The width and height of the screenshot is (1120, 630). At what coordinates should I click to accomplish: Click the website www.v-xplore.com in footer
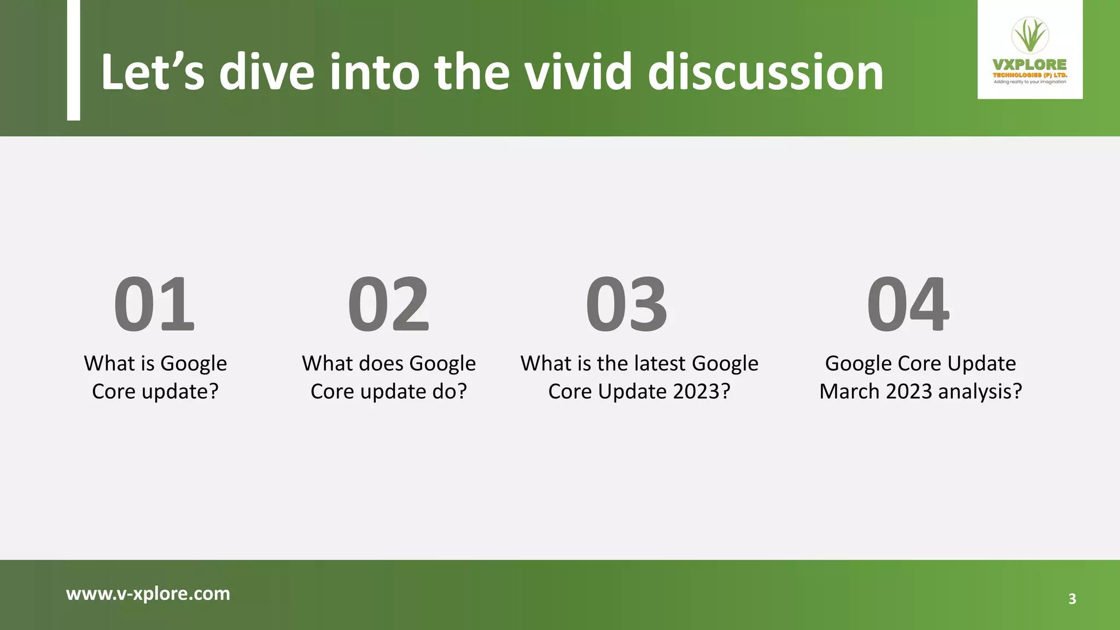coord(148,593)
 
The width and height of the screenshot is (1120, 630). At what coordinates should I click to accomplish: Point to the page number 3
coord(1072,599)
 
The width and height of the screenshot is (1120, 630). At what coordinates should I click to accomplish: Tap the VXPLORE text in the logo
coord(1030,65)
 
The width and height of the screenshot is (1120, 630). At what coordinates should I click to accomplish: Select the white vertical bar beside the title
coord(73,60)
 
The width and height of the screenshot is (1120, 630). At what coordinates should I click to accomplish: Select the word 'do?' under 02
coord(450,392)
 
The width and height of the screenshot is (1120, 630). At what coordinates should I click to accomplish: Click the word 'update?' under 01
coord(179,392)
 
